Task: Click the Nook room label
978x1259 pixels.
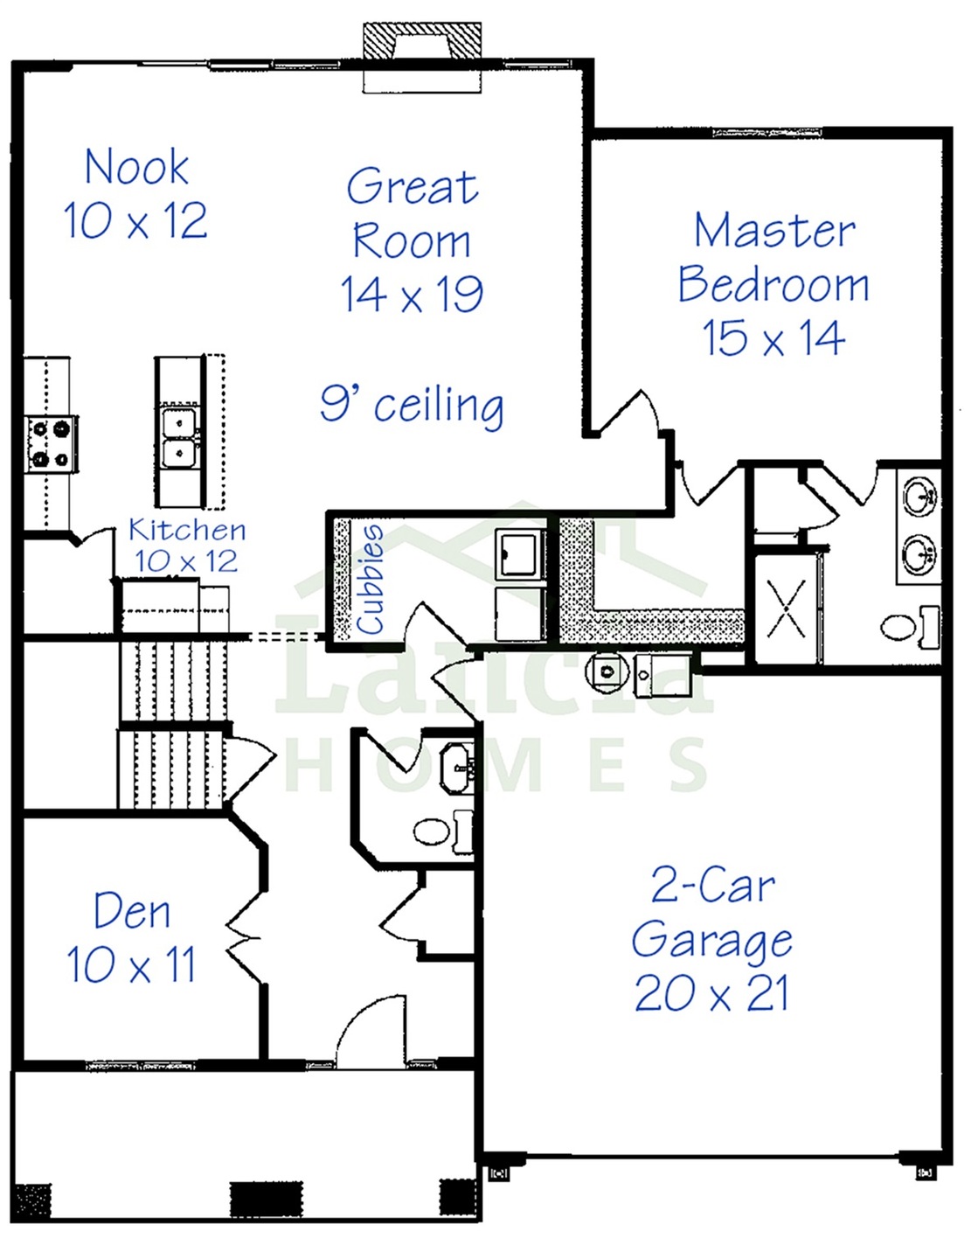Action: pyautogui.click(x=136, y=168)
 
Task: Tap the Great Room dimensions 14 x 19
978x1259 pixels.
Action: pyautogui.click(x=412, y=294)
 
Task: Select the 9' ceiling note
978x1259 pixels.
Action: pyautogui.click(x=412, y=406)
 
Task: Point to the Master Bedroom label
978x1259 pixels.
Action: pyautogui.click(x=773, y=257)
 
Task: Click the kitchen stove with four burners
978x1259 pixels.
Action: pyautogui.click(x=50, y=444)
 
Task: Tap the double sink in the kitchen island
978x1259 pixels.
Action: pyautogui.click(x=179, y=437)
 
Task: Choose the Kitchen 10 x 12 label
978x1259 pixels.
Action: pyautogui.click(x=187, y=546)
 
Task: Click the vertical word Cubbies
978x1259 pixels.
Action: pyautogui.click(x=371, y=580)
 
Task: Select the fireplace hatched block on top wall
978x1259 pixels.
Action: pyautogui.click(x=421, y=40)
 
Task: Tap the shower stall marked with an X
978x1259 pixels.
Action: pyautogui.click(x=787, y=609)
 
